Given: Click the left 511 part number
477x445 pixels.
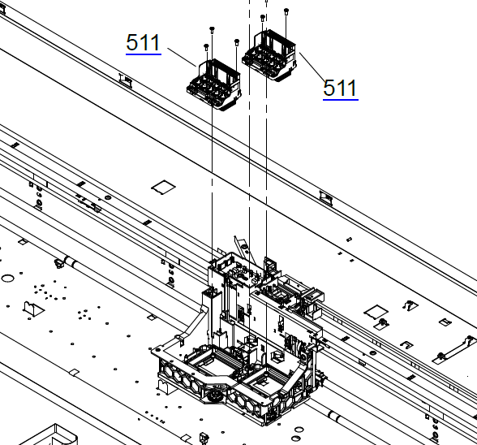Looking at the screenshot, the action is [x=144, y=42].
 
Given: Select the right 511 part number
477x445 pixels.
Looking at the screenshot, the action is [x=340, y=88].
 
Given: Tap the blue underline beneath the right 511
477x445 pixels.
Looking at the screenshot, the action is [x=341, y=99].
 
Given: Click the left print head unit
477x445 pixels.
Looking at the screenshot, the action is [x=214, y=84].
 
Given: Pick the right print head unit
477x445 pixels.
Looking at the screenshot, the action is [x=269, y=55].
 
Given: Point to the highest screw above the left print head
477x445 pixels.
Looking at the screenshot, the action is [x=212, y=29].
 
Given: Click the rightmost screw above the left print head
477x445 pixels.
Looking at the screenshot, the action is [x=237, y=41].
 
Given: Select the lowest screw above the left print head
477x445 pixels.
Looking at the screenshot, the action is [x=207, y=47].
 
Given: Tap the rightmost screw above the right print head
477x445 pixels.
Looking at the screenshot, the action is [x=286, y=11].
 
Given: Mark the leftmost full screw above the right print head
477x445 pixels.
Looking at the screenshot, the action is [x=263, y=17].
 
